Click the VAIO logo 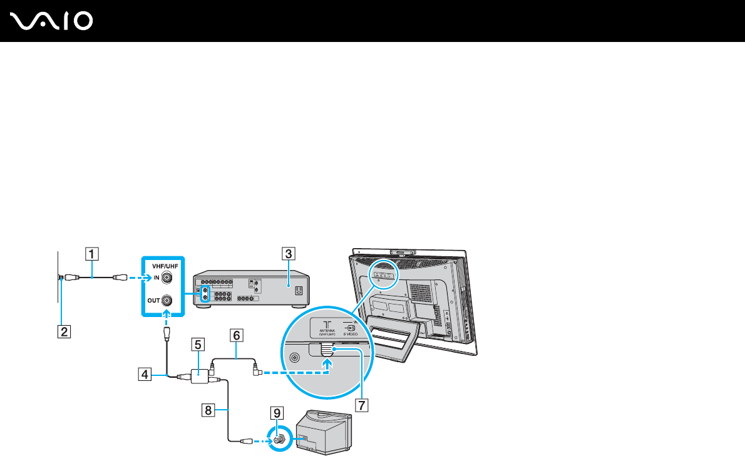(52, 21)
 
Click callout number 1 (91, 254)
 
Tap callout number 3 (287, 254)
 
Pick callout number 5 (197, 343)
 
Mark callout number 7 (360, 404)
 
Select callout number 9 (276, 413)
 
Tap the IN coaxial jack (167, 276)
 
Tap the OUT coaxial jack (167, 301)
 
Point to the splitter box (199, 376)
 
